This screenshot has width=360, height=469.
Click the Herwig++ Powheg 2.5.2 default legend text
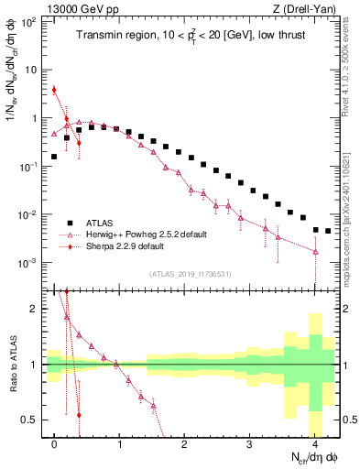click(146, 234)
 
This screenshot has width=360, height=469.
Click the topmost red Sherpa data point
click(54, 90)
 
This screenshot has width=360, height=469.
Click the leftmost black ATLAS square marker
click(54, 157)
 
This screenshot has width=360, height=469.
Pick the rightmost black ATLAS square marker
click(328, 231)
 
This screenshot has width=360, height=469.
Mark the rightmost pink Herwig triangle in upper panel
click(315, 251)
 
